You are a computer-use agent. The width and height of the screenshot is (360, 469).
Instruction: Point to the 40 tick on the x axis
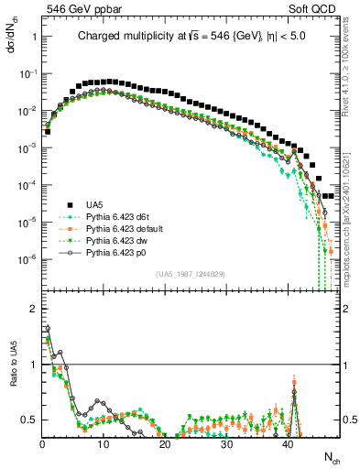288,442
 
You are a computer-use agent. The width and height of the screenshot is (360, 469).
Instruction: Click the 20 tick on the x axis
165,442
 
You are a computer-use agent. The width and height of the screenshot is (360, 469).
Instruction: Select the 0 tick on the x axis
43,442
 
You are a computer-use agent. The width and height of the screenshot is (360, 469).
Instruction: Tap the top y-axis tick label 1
34,37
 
